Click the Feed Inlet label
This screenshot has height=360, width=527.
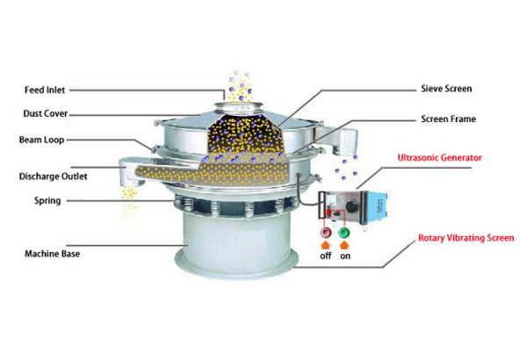[45, 90]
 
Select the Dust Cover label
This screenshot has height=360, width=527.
[46, 113]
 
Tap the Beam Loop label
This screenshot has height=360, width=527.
[41, 140]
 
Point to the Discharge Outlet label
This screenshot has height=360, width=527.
[53, 176]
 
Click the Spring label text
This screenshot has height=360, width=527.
[47, 201]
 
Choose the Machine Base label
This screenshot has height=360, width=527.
[53, 254]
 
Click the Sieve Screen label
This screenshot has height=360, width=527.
[446, 89]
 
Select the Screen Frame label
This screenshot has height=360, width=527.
[448, 119]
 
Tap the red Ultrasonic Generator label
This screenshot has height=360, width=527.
[440, 158]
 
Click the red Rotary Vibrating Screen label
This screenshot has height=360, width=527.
[466, 238]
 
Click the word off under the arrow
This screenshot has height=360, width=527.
[326, 256]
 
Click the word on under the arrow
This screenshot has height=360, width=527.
[345, 256]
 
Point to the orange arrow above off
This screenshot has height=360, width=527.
[326, 245]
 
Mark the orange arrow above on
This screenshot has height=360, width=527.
[344, 245]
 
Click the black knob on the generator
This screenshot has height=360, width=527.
[352, 206]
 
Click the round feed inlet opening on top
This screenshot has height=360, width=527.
[238, 106]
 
